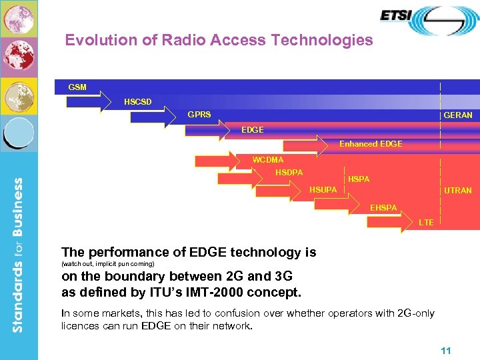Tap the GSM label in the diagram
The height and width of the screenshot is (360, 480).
(77, 87)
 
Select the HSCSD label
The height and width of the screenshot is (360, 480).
(137, 102)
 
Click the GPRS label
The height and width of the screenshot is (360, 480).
(199, 115)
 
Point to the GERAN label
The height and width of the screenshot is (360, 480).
(458, 115)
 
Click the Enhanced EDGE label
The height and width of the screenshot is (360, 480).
(371, 144)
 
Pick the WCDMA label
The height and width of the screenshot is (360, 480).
(267, 160)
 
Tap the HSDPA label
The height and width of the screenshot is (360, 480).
(289, 173)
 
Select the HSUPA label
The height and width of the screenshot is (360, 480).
(323, 191)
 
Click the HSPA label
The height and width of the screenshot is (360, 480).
(359, 179)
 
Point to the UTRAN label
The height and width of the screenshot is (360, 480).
(458, 191)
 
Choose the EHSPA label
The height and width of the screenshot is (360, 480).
(383, 208)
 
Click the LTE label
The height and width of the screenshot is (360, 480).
(425, 222)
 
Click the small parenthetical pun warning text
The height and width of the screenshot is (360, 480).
(107, 264)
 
